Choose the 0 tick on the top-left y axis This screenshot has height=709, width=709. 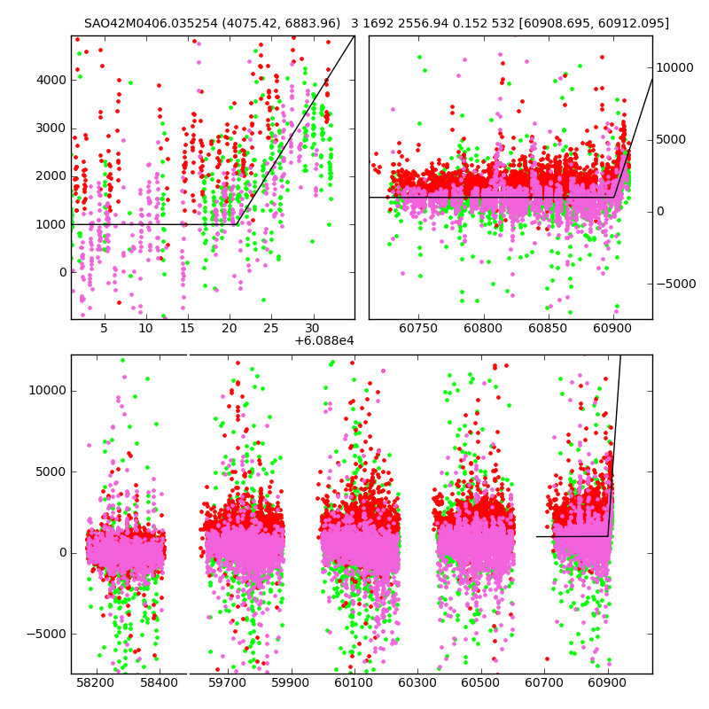[60, 272]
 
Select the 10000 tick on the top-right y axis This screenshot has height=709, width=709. [675, 67]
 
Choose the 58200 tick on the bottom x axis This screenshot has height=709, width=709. [96, 683]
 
